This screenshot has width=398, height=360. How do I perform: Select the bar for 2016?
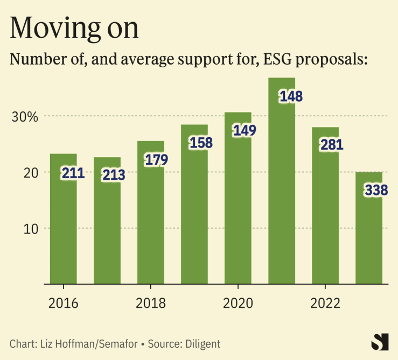point(64,226)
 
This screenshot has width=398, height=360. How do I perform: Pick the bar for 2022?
point(325,215)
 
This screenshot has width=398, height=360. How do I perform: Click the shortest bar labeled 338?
point(369,237)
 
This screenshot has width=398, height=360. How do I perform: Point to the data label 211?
point(73,173)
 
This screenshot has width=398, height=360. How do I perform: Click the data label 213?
point(113,175)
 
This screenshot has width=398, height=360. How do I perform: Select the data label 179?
point(157,160)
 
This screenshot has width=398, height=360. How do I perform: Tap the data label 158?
point(201,143)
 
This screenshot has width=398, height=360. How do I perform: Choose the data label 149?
point(244,130)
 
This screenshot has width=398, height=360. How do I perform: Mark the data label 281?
point(331,145)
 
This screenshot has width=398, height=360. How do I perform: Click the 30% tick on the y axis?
point(25,116)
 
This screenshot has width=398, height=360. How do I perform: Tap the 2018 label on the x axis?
point(151,303)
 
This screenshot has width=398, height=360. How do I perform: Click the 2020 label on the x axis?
point(238,303)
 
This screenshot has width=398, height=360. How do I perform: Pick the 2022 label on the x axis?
point(325,303)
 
